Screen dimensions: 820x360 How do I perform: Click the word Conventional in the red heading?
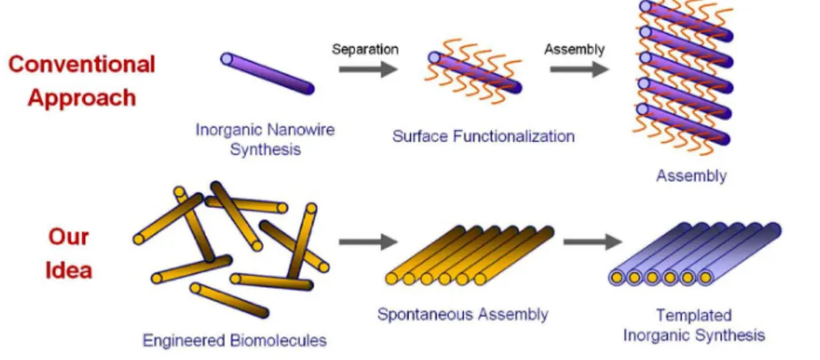click(82, 64)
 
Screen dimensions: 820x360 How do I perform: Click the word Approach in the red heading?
click(81, 98)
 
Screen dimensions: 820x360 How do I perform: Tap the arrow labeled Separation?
click(368, 69)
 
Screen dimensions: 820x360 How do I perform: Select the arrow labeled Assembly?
click(579, 69)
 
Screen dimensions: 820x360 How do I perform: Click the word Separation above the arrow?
click(365, 50)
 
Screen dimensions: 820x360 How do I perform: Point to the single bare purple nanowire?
click(267, 73)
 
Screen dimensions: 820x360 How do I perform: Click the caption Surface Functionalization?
click(483, 137)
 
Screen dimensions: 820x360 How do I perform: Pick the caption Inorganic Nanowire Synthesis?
click(266, 139)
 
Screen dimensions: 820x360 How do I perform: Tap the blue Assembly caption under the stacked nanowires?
click(691, 176)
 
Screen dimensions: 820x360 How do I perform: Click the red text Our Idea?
click(69, 254)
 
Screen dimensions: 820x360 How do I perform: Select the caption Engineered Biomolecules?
click(235, 340)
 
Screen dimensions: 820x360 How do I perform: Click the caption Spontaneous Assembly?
click(463, 315)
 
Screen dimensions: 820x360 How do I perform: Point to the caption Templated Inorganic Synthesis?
click(694, 325)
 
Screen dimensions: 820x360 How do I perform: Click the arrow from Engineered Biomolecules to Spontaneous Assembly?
click(368, 241)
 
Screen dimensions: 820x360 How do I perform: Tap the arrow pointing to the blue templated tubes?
click(593, 241)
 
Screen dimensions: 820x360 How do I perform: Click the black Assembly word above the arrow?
click(574, 50)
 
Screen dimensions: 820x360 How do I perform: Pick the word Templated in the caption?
click(694, 315)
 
